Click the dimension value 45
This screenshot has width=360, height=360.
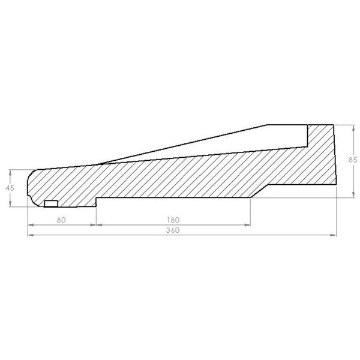(10, 188)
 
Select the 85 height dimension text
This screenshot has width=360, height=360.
(353, 160)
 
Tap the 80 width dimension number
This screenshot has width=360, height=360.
(61, 220)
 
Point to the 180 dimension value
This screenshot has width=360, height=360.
(173, 220)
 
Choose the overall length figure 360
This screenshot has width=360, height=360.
(173, 230)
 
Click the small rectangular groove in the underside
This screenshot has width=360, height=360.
(51, 203)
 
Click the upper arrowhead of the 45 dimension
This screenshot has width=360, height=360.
(10, 172)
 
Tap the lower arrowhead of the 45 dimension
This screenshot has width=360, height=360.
(10, 204)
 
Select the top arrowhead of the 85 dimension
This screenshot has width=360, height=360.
(354, 128)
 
